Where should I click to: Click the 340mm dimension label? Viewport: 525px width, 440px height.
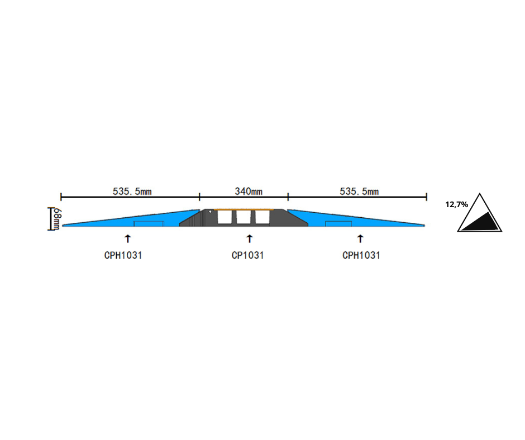(x=249, y=192)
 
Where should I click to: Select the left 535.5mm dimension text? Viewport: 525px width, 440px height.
(x=132, y=192)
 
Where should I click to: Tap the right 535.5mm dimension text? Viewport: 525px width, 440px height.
(x=359, y=192)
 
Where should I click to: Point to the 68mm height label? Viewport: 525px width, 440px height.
(x=58, y=219)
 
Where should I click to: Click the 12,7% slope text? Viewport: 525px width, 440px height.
(x=456, y=204)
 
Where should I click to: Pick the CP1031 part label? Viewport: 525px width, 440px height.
(x=248, y=256)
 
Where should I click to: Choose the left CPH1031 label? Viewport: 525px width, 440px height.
(x=123, y=256)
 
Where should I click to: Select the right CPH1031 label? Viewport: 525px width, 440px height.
(x=361, y=256)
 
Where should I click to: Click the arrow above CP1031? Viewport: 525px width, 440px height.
(x=250, y=239)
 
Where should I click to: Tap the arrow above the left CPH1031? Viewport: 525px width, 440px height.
(x=127, y=239)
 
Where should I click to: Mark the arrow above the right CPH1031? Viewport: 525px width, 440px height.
(x=360, y=239)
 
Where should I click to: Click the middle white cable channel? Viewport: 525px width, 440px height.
(x=244, y=217)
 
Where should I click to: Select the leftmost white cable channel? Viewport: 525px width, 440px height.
(x=225, y=217)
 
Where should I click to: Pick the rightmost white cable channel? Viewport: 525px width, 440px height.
(x=262, y=217)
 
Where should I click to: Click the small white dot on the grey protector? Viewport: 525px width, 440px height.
(x=210, y=212)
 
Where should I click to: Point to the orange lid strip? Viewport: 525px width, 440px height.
(x=244, y=209)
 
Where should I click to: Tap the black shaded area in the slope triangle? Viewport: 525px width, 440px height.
(x=481, y=222)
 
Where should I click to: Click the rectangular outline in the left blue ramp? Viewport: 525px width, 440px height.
(x=149, y=224)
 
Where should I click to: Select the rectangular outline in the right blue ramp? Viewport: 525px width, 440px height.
(x=338, y=224)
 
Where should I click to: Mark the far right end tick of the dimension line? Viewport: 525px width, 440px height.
(x=426, y=197)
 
